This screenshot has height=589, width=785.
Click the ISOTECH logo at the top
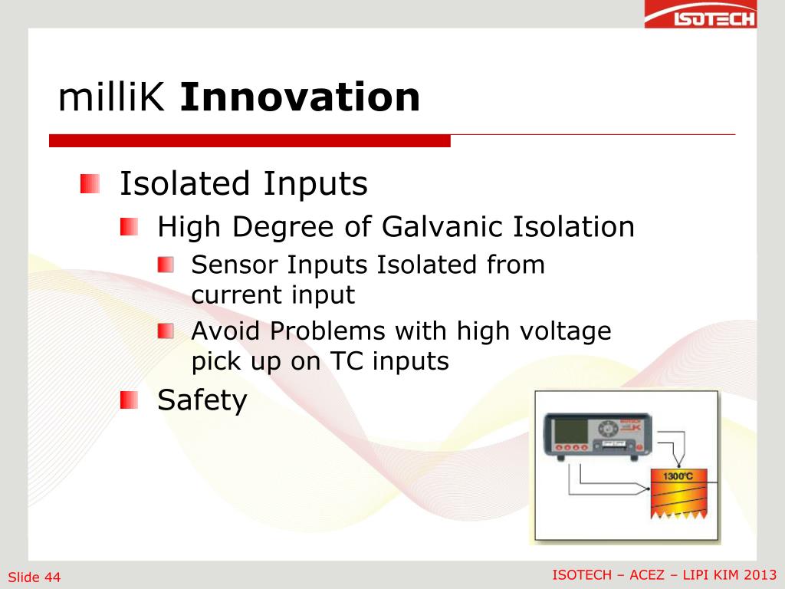pos(701,14)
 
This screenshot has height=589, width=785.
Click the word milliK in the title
pos(111,97)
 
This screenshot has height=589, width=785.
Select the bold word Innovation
pos(300,97)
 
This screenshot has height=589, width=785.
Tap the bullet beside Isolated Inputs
pos(90,184)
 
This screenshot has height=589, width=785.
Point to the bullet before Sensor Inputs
pos(166,265)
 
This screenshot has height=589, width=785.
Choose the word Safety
pos(202,400)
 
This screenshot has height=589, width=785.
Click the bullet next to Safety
pos(129,400)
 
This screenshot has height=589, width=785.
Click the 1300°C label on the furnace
pos(678,475)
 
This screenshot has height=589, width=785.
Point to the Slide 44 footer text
pos(34,577)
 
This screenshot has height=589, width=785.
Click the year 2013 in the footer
pos(760,574)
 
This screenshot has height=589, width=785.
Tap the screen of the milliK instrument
pos(570,432)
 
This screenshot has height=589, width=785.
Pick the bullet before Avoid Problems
pos(166,331)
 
